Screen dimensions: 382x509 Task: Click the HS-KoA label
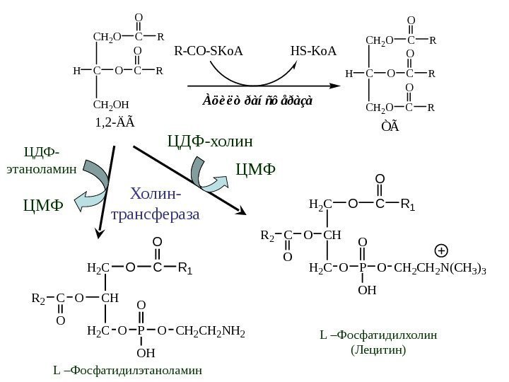(313, 51)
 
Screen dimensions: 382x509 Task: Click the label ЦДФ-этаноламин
(42, 161)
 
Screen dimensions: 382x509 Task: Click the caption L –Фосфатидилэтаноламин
(127, 369)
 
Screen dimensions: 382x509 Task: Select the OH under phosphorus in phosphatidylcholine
(366, 289)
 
